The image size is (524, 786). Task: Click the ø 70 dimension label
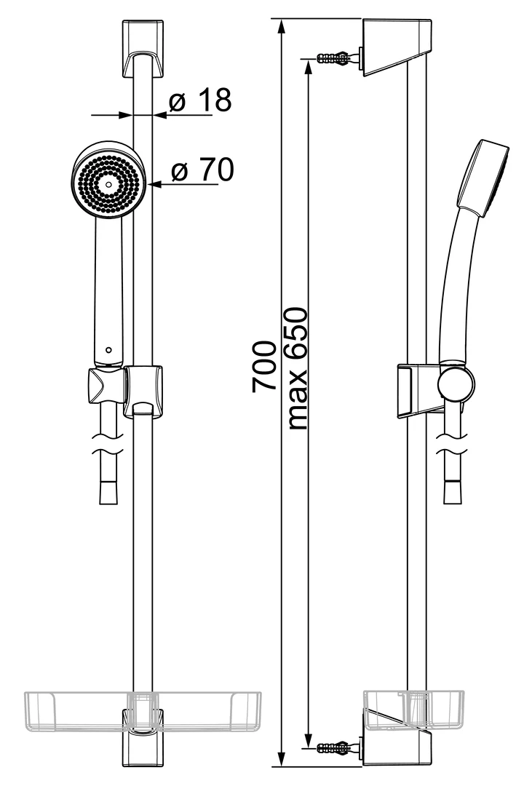coord(202,170)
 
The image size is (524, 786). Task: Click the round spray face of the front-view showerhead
coord(109,184)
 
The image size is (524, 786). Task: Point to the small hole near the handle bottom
coord(108,350)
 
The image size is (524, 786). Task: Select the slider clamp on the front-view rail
coord(143,391)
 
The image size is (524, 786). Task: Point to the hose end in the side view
coord(453,492)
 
